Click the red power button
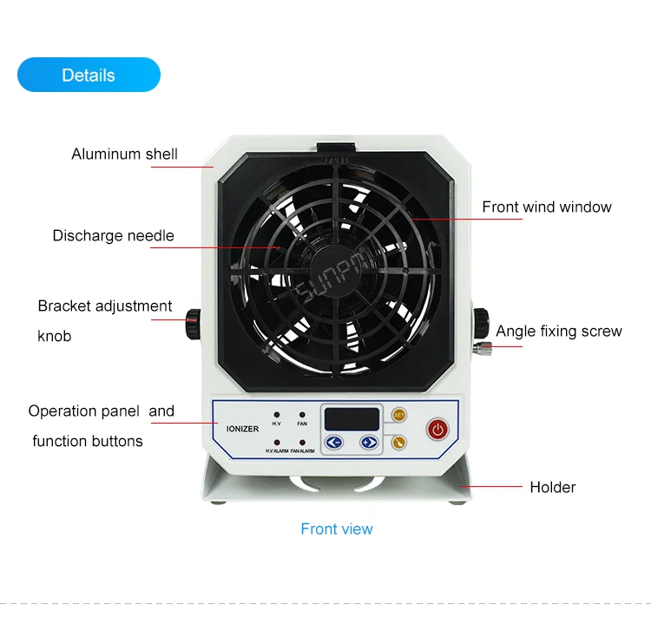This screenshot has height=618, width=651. [437, 428]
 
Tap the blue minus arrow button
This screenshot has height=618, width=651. [334, 443]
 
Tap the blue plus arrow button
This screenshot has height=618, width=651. [369, 443]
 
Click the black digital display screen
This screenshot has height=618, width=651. [352, 418]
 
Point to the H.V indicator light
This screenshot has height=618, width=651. [276, 415]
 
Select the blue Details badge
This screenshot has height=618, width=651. [89, 75]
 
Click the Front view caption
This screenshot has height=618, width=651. [337, 529]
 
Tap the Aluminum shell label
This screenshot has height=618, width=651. [124, 154]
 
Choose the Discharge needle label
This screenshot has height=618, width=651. [113, 235]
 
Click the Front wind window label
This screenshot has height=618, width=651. [547, 207]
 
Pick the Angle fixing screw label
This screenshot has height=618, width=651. [559, 331]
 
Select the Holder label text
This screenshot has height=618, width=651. [553, 487]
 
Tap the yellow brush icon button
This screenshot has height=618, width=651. [398, 442]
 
